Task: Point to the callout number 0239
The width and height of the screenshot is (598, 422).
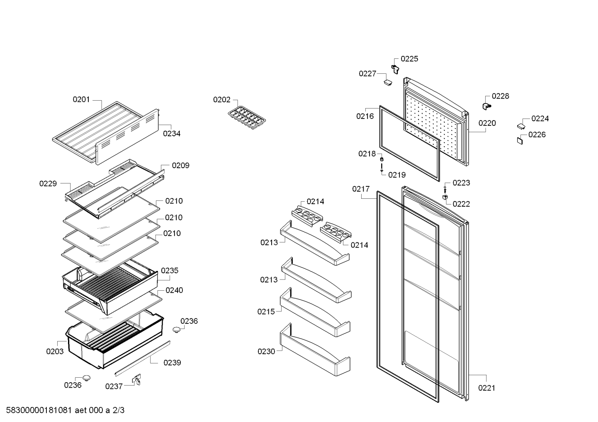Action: [x=172, y=363]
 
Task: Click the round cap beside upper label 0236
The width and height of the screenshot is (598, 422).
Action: [x=177, y=329]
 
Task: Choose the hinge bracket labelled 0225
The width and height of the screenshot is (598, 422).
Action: [x=395, y=68]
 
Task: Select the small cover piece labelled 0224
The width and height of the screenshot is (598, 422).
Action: [x=521, y=126]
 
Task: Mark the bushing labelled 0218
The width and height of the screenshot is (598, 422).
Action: [x=382, y=159]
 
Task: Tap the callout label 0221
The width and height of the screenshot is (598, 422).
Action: [x=486, y=388]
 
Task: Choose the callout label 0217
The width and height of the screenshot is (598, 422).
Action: [x=361, y=189]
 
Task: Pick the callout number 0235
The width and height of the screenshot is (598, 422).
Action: [x=170, y=271]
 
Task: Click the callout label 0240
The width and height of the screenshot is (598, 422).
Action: [x=174, y=290]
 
